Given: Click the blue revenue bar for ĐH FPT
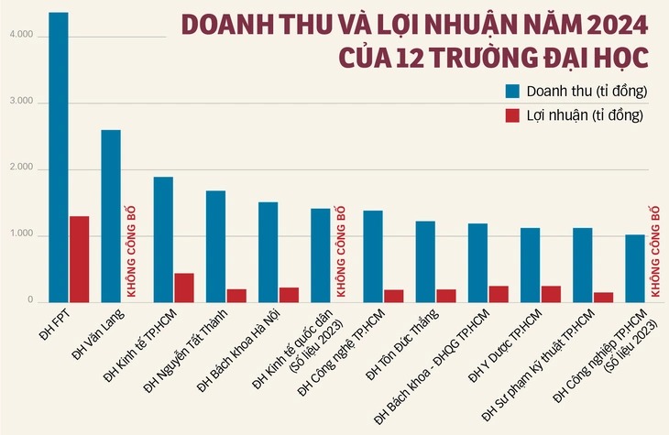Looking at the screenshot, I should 58,157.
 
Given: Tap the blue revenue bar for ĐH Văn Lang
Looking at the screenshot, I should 111,216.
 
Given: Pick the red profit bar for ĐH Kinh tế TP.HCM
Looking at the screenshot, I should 184,288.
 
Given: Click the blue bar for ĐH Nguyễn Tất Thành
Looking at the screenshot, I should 215,246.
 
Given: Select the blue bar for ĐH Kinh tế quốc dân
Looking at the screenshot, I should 321,256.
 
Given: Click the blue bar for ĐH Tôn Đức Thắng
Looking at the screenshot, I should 425,261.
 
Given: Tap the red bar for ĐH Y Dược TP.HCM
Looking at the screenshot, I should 552,294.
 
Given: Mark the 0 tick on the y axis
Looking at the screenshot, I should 28,301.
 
